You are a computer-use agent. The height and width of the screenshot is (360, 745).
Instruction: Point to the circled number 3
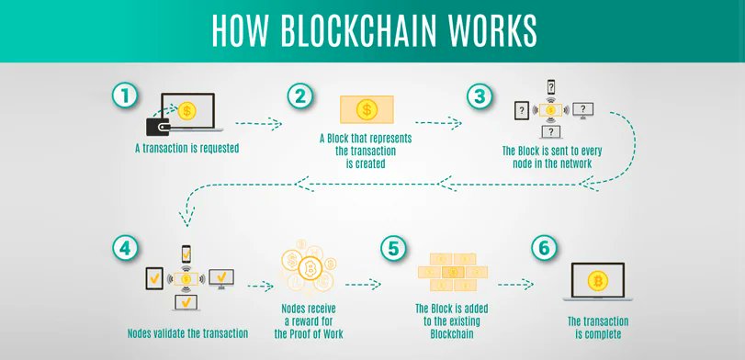point(477,96)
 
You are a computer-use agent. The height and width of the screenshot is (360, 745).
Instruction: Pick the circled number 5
point(393,250)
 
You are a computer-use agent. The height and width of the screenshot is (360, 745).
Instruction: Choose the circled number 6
point(543,250)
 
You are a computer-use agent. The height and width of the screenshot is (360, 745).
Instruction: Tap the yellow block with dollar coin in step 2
point(367,110)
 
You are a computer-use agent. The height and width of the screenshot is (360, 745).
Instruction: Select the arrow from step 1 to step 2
point(258,121)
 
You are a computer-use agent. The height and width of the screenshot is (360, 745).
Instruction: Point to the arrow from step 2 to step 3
point(437,121)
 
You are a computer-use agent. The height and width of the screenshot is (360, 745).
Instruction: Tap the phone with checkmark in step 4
point(186,253)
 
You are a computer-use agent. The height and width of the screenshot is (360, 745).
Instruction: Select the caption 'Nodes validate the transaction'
point(187,332)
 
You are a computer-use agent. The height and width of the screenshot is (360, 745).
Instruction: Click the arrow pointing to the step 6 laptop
point(516,285)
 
